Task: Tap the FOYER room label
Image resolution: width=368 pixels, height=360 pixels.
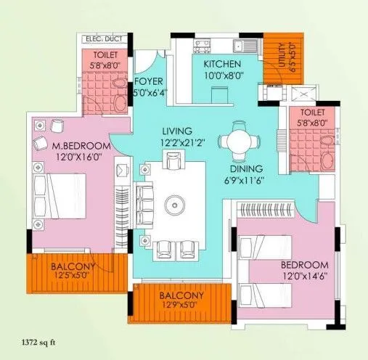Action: pyautogui.click(x=149, y=81)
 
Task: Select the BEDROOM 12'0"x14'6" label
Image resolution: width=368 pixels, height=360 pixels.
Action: pyautogui.click(x=304, y=270)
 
